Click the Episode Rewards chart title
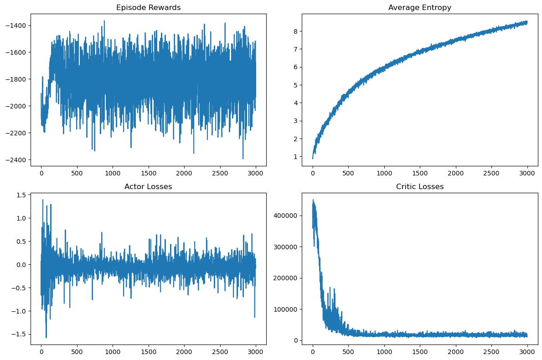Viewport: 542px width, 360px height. tap(148, 7)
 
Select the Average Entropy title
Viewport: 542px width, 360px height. tap(420, 7)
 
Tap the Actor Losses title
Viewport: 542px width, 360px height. tap(148, 186)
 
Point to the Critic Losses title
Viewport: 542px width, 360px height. tap(420, 186)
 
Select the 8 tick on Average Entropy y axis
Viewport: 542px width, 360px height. tap(295, 31)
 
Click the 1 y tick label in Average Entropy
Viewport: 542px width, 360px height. tap(295, 157)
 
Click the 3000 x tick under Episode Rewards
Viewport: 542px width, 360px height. tap(255, 173)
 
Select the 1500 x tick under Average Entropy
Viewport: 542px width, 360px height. tap(420, 173)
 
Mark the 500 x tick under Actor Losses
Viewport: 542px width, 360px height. tap(77, 352)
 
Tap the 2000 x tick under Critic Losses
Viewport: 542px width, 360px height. tap(456, 352)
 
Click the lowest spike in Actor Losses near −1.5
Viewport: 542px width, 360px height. tap(46, 338)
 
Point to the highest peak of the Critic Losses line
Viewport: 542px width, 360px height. tap(313, 200)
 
